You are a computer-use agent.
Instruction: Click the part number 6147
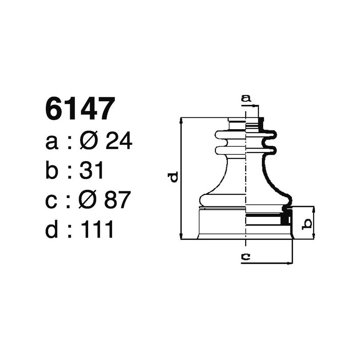(78, 109)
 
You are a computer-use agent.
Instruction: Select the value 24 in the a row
(118, 142)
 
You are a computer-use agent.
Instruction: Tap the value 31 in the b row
(92, 171)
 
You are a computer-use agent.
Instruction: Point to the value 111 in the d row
(96, 230)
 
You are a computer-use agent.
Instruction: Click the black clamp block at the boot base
(284, 218)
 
